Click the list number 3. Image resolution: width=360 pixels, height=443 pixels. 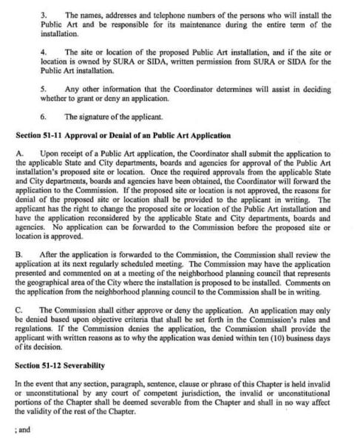44,14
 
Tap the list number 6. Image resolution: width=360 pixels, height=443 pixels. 44,116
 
